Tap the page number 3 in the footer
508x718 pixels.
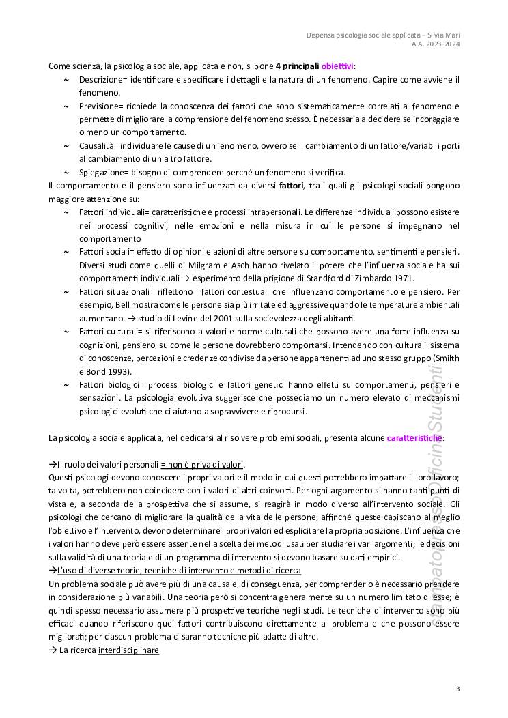(457, 689)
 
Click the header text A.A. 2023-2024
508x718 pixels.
(436, 44)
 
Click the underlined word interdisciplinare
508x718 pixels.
(128, 650)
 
